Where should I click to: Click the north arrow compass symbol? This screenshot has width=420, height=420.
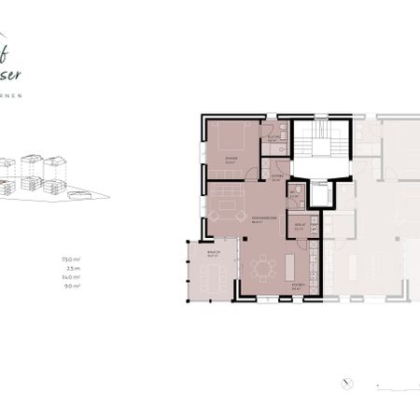(x=346, y=382)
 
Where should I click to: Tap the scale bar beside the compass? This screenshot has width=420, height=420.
(x=391, y=383)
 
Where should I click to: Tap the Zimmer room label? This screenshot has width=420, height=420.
(x=231, y=159)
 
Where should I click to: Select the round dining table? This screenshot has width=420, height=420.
(x=262, y=269)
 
